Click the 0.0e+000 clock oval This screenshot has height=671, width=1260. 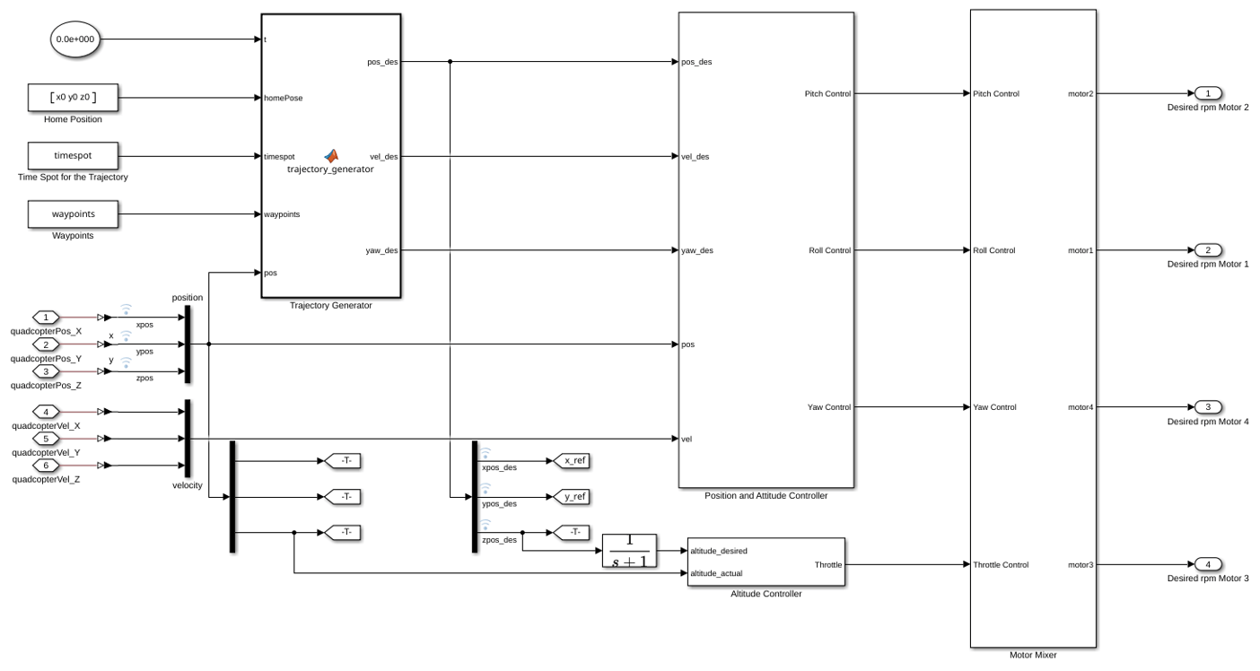[75, 39]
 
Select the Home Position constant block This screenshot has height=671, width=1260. [73, 97]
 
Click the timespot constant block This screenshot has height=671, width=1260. [73, 156]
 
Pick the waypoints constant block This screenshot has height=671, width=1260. [73, 214]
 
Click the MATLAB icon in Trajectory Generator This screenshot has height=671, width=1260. [331, 156]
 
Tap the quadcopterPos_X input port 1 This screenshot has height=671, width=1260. [46, 318]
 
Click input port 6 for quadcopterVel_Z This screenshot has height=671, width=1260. [46, 466]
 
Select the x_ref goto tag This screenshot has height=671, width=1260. [571, 461]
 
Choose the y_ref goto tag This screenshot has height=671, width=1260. [571, 497]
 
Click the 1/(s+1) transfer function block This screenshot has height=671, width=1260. [629, 551]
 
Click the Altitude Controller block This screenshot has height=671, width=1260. [766, 562]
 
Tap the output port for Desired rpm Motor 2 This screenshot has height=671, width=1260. [1208, 93]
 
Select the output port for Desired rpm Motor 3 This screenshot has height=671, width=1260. [1208, 564]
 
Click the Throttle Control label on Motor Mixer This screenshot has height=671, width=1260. [1001, 564]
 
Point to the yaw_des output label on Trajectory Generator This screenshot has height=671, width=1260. [382, 250]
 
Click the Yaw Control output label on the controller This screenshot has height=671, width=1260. [829, 407]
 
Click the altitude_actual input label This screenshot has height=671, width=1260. [716, 573]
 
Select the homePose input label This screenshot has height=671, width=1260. [283, 98]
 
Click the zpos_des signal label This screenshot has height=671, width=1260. [500, 540]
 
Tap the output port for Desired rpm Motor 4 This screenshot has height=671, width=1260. [1208, 406]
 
